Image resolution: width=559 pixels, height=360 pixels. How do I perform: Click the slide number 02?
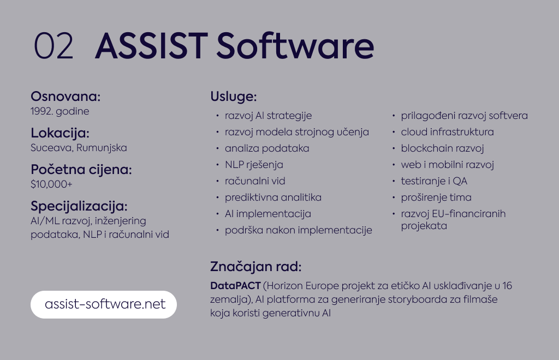53,46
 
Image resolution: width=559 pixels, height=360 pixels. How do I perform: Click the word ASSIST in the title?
152,46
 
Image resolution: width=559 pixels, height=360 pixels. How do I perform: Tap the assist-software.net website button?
104,304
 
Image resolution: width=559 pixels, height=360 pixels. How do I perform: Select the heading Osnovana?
66,97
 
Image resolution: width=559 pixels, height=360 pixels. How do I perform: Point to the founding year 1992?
41,111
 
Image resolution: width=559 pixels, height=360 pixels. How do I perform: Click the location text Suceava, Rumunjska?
79,148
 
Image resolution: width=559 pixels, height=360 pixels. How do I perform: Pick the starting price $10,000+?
51,184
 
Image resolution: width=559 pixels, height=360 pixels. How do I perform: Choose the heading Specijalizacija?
79,206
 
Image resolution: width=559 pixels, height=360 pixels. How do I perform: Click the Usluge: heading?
234,97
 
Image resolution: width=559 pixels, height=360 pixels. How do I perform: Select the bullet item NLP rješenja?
254,165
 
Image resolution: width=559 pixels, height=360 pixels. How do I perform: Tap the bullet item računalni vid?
255,181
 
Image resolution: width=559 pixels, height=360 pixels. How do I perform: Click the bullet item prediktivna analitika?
273,197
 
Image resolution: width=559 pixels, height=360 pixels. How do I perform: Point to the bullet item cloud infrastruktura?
448,132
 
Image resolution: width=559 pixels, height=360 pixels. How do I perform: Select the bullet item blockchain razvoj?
442,148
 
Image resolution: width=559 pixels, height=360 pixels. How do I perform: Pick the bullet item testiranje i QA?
434,181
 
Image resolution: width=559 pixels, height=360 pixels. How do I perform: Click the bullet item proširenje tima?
436,197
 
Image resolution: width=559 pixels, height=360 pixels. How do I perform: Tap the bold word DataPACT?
236,286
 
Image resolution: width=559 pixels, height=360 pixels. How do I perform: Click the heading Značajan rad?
255,267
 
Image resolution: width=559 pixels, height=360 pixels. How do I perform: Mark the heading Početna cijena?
81,170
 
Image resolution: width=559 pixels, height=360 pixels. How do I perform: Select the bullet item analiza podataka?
267,148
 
